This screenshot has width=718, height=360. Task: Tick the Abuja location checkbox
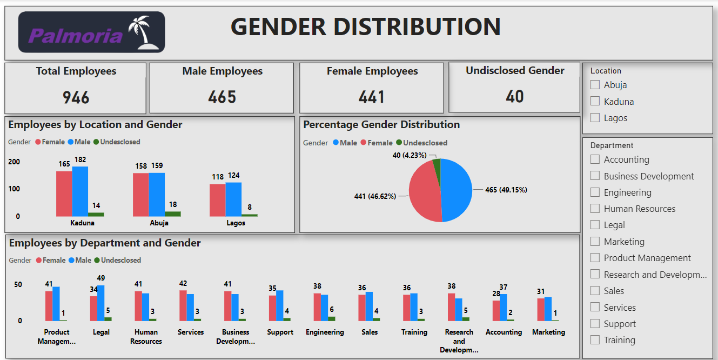(x=595, y=85)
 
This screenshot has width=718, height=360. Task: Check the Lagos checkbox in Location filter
(x=595, y=118)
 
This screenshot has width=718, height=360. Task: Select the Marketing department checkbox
(x=595, y=242)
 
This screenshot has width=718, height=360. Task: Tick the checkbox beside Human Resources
(x=595, y=209)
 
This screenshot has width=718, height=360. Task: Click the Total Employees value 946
(x=76, y=97)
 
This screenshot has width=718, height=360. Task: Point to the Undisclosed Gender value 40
(x=514, y=97)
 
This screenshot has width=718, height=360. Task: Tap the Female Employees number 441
(x=372, y=97)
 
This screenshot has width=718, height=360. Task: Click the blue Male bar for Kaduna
(x=80, y=191)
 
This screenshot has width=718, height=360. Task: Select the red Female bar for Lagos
(x=218, y=200)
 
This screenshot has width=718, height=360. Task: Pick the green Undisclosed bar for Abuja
(x=173, y=214)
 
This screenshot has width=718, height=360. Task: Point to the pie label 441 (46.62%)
(x=375, y=196)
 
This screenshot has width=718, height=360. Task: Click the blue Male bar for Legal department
(x=101, y=303)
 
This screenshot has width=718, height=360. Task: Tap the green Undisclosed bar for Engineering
(x=332, y=319)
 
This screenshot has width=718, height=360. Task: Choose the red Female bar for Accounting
(x=496, y=310)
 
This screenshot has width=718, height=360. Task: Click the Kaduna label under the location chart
(x=82, y=223)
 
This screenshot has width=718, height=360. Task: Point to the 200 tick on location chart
(x=14, y=162)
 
